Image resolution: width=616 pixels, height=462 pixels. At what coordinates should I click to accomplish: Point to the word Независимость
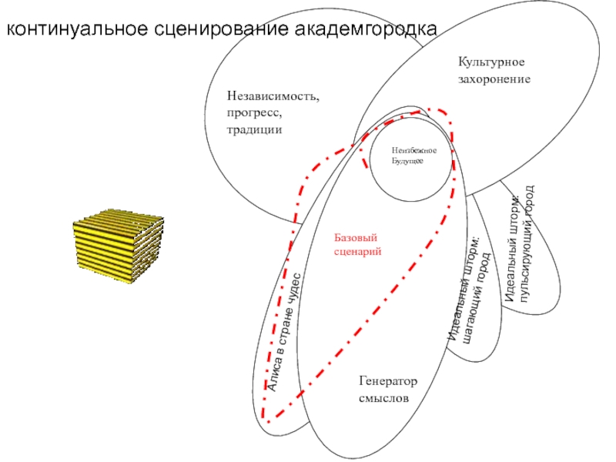tap(273, 96)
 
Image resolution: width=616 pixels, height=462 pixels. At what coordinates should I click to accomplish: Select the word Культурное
tap(491, 62)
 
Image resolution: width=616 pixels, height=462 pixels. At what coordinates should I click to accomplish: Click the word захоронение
tap(494, 79)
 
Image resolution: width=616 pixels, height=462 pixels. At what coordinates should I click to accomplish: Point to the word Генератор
tap(387, 382)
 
